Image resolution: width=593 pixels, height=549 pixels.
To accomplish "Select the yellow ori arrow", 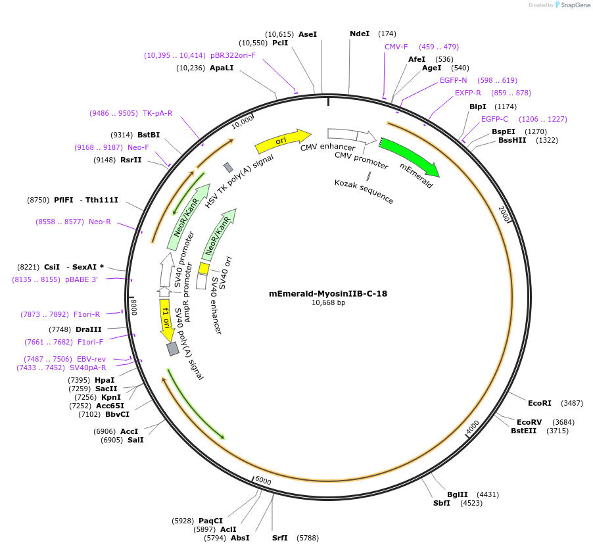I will (x=281, y=140).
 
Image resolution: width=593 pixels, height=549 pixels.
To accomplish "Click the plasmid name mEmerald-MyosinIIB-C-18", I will (x=328, y=293).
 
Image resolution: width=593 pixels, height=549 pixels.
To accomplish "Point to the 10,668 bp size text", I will (x=328, y=303).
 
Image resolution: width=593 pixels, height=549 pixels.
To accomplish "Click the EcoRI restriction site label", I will (x=540, y=403).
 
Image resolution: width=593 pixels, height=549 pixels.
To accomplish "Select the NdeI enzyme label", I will (x=360, y=34).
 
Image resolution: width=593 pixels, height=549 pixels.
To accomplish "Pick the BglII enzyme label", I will (x=458, y=494).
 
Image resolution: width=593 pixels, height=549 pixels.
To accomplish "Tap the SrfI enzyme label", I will (x=280, y=538).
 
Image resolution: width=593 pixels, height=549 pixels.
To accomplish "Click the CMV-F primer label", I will (x=396, y=47).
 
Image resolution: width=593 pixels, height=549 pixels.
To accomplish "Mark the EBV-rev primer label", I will (x=91, y=359).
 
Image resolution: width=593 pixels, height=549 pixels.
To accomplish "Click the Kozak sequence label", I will (x=364, y=191).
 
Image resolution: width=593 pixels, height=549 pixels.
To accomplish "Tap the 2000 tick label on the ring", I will (x=504, y=214).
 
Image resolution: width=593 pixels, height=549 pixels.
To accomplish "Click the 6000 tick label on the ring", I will (x=263, y=481).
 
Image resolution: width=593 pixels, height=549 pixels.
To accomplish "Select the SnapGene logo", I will (x=574, y=5).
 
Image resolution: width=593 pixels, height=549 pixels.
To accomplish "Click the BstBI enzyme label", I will (x=149, y=135).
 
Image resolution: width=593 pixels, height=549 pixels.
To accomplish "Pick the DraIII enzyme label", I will (x=89, y=329).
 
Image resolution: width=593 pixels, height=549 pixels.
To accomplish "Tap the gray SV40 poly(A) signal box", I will (x=173, y=349).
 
